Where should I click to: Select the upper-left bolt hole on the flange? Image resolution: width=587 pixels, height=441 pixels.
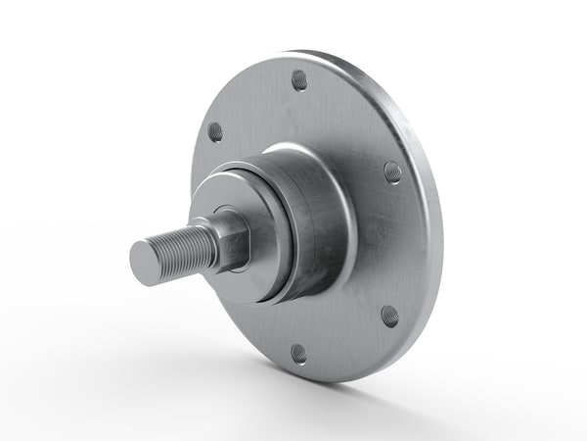point(215,131)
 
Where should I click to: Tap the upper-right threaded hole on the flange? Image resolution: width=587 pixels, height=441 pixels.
point(392,171)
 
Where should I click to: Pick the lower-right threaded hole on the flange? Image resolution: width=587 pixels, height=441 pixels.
point(389,316)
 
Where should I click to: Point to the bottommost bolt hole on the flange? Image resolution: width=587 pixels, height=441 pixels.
point(298,352)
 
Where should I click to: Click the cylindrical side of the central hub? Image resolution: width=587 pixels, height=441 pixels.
point(318,225)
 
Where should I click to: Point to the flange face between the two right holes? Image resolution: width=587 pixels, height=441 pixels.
point(396,245)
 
